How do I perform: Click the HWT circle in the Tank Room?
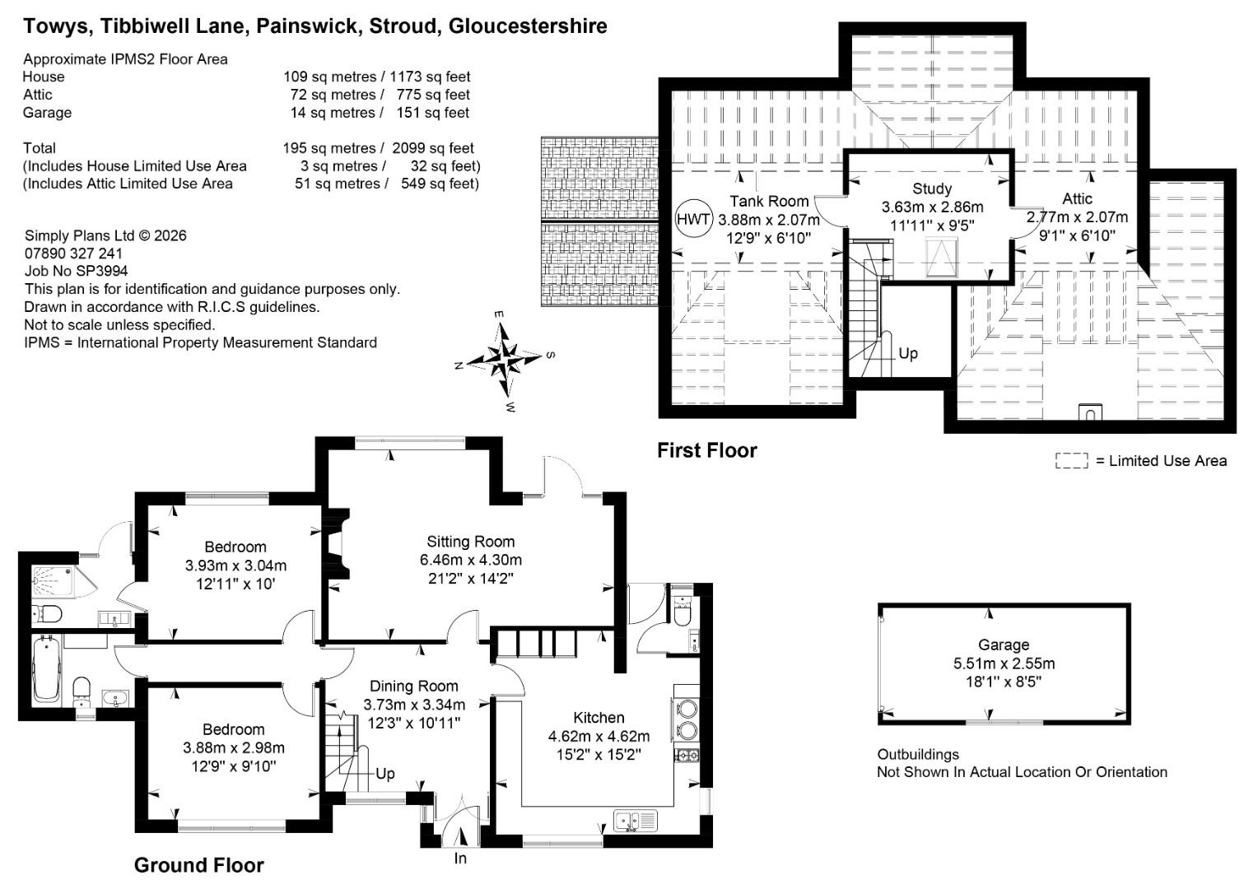694,218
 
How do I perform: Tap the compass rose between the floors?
505,360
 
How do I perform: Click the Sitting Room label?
471,542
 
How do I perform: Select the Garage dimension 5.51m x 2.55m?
1004,663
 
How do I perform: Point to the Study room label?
932,189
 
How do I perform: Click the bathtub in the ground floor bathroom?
46,668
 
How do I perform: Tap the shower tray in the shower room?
53,581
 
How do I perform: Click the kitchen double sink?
636,821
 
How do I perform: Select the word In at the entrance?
460,858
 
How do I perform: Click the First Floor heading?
707,450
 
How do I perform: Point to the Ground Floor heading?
198,865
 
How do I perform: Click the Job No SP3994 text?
76,271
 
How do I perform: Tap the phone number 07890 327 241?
73,254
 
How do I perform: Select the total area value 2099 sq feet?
433,147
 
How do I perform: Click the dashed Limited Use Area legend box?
1072,460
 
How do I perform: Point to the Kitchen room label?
599,717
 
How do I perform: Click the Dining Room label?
414,686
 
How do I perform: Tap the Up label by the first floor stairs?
908,352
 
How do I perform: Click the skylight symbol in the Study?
942,257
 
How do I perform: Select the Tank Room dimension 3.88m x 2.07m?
769,220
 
